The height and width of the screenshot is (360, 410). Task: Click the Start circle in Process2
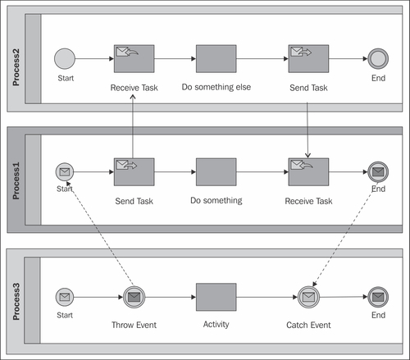[x=65, y=59]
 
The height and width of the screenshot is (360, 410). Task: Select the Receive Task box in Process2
[x=134, y=59]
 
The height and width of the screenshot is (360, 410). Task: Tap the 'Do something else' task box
[x=216, y=59]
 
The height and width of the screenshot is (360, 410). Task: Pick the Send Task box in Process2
[x=308, y=59]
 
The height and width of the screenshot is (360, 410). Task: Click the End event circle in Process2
[x=378, y=59]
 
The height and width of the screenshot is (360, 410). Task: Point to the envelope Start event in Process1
[x=65, y=172]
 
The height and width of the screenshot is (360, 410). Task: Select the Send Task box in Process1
[x=134, y=172]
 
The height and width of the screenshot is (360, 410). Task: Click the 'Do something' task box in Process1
[x=216, y=172]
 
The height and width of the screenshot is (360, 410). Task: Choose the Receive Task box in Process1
[x=308, y=172]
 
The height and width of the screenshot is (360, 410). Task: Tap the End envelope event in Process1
[x=378, y=172]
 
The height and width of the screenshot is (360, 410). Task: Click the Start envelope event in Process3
[x=65, y=297]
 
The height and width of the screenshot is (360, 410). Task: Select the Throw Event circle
[x=134, y=297]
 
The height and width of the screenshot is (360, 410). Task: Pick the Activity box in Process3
[x=216, y=297]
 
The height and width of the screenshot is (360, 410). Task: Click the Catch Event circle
[x=308, y=297]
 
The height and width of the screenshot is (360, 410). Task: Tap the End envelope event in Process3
[x=378, y=297]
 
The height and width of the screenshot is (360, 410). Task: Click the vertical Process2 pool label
[x=16, y=67]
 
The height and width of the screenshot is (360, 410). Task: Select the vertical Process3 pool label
[x=16, y=302]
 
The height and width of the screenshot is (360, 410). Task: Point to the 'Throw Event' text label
[x=134, y=325]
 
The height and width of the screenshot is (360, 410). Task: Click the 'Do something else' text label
[x=216, y=87]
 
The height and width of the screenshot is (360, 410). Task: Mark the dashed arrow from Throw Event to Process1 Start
[x=100, y=235]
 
